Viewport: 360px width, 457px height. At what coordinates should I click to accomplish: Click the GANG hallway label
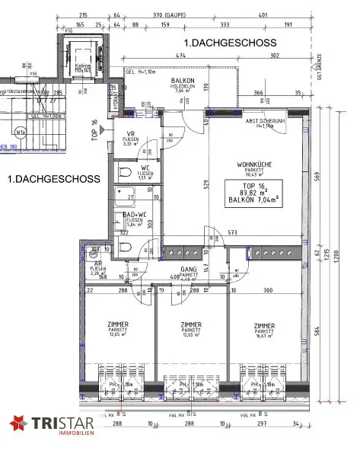click(x=189, y=270)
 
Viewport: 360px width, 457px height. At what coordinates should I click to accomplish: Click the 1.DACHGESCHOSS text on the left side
click(x=46, y=179)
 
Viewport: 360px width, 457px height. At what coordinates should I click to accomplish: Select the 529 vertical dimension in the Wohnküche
click(x=205, y=183)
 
